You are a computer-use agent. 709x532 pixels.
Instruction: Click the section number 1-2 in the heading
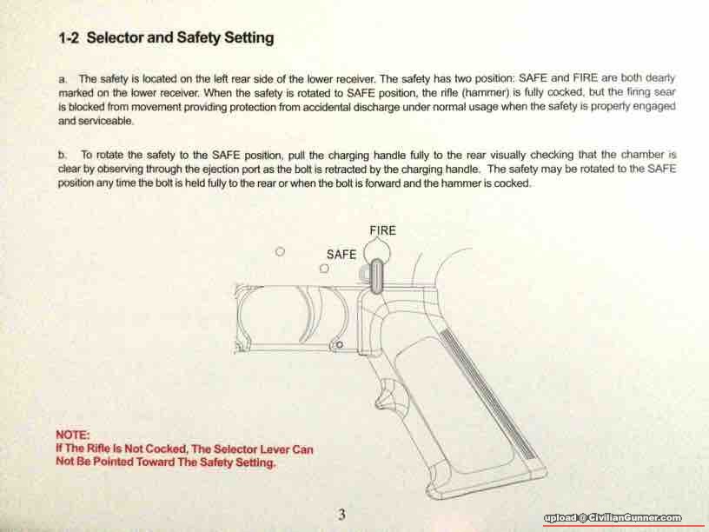69,37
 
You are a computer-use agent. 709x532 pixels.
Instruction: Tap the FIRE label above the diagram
382,230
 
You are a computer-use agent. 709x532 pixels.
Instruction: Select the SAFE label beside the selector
341,255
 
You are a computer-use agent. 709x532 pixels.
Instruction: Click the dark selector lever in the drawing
375,276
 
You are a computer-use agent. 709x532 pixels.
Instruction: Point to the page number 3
341,515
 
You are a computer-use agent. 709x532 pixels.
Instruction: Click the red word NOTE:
73,435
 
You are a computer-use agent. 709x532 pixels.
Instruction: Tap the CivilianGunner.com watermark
613,518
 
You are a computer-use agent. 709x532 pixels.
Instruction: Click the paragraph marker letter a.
63,80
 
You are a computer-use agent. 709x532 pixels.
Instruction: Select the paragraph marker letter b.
62,155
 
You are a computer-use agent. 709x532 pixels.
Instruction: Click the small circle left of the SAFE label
324,269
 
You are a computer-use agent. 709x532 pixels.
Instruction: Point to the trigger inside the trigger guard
312,316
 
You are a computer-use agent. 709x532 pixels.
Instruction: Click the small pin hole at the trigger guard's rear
339,345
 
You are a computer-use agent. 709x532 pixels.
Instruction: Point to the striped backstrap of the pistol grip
488,395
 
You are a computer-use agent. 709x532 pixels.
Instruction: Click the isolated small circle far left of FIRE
280,251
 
